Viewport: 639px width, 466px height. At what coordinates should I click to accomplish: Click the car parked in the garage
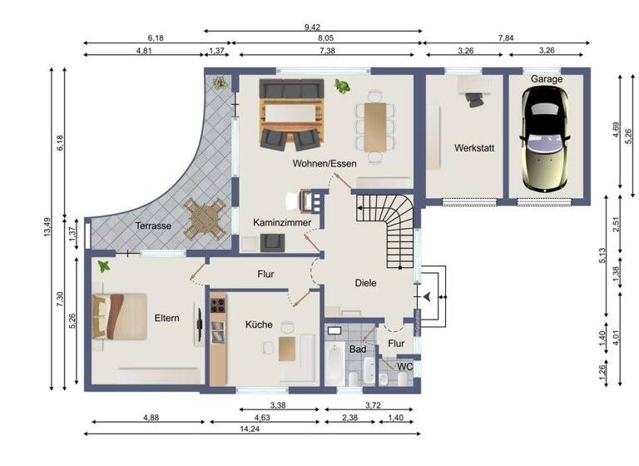pos(545,136)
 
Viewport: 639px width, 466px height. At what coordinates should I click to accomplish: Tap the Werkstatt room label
pos(474,148)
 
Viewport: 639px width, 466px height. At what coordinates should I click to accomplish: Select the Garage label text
pos(547,79)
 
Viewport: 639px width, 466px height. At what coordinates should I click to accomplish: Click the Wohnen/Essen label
pos(324,164)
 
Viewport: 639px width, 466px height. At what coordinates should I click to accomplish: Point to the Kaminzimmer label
pos(283,223)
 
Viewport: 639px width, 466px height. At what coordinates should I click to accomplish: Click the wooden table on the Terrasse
pos(206,220)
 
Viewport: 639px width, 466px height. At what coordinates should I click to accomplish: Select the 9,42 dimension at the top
pos(315,27)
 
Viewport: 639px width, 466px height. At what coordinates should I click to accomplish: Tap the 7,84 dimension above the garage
pos(506,38)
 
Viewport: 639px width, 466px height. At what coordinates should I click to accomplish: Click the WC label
pos(405,366)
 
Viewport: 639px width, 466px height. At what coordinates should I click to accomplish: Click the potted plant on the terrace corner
pos(220,82)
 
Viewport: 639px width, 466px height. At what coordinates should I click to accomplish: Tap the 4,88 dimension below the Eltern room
pos(151,417)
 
